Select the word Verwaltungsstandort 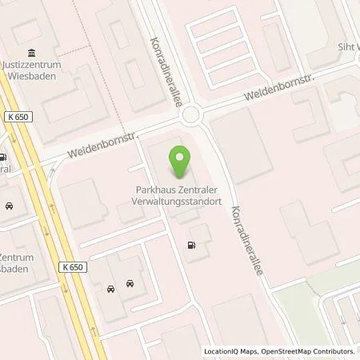pos(182,202)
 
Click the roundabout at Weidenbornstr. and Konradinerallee pos(192,117)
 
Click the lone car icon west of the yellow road pos(9,206)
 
